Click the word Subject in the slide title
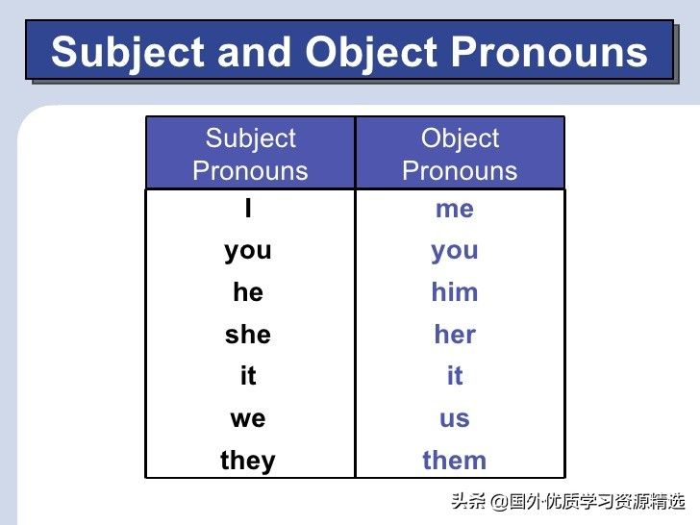coord(128,53)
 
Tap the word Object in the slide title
coord(371,53)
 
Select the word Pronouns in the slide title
coord(549,51)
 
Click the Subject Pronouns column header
coord(250,155)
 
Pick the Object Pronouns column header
coord(460,155)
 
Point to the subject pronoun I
coord(248,208)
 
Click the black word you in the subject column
coord(248,252)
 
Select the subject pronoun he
coord(248,292)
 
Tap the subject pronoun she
coord(248,334)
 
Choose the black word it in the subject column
coord(248,375)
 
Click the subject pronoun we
coord(248,419)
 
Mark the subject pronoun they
coord(248,462)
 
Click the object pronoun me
coord(455,209)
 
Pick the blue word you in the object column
coord(455,252)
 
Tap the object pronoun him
coord(455,292)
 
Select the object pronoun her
coord(455,334)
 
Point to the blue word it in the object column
coord(455,375)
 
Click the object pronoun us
coord(455,419)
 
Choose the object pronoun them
coord(455,460)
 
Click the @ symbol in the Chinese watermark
coord(499,502)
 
